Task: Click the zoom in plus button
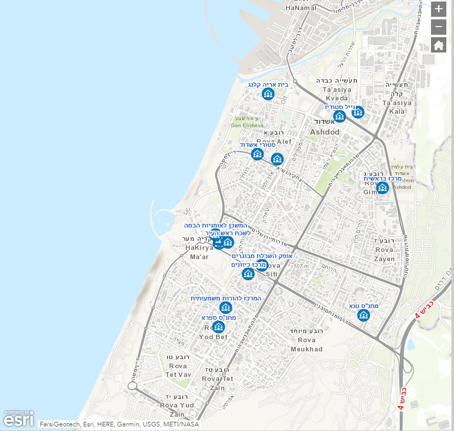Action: tap(438, 9)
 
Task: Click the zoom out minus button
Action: tap(438, 27)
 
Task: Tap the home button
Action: tap(438, 45)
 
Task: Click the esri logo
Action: tap(19, 418)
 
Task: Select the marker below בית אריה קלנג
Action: tap(268, 94)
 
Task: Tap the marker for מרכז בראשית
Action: tap(382, 188)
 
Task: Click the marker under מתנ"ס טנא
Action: tap(364, 315)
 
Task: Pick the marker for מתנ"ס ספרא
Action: tap(219, 327)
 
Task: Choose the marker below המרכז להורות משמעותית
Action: tap(226, 308)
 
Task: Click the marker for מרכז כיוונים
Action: tap(248, 274)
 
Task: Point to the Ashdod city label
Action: tap(325, 132)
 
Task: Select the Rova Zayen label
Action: tap(384, 255)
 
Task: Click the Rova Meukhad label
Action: tap(306, 344)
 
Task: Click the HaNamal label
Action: tap(301, 8)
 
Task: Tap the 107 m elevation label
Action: tap(301, 267)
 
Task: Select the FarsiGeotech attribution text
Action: tap(57, 424)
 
